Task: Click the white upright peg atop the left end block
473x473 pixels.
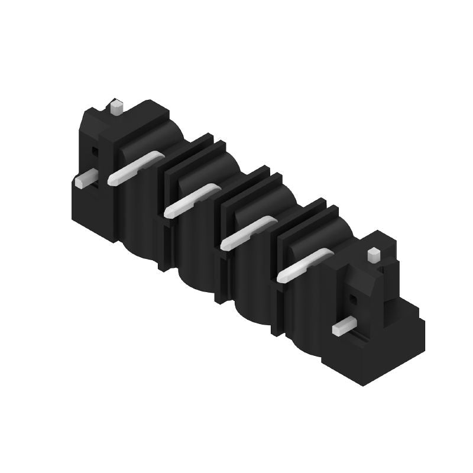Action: pyautogui.click(x=116, y=108)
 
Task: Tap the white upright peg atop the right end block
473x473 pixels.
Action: pyautogui.click(x=373, y=255)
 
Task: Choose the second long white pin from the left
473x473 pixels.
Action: pyautogui.click(x=192, y=200)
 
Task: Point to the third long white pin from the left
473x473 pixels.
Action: pyautogui.click(x=248, y=232)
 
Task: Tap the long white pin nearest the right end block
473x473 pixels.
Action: pyautogui.click(x=305, y=264)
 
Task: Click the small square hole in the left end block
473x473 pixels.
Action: pyautogui.click(x=94, y=151)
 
